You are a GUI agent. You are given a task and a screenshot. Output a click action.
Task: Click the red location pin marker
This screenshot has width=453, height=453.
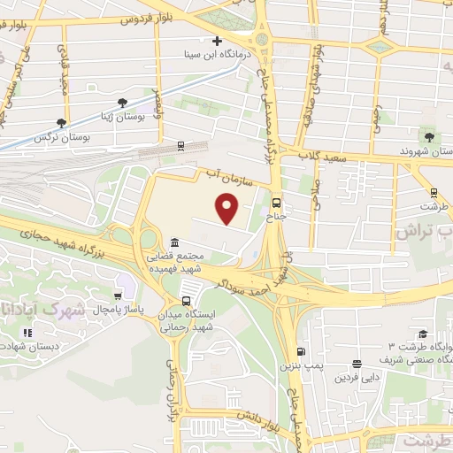[229, 210]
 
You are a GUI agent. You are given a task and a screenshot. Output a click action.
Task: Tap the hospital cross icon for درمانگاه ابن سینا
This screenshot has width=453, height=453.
[217, 41]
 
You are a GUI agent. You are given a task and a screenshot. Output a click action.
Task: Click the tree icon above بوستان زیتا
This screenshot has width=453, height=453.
[122, 103]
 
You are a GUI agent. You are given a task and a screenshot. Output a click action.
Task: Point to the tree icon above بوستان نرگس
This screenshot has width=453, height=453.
[60, 124]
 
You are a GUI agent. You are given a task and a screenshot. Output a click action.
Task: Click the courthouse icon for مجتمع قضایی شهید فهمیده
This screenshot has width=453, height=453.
[174, 242]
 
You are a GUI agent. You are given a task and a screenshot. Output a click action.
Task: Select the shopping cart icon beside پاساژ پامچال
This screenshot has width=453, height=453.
[118, 296]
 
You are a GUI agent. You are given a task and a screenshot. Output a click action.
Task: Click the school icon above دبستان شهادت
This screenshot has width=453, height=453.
[28, 333]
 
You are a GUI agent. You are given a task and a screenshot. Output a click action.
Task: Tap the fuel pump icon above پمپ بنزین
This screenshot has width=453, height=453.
[302, 350]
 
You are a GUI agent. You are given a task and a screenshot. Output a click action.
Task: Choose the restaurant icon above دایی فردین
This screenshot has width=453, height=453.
[356, 364]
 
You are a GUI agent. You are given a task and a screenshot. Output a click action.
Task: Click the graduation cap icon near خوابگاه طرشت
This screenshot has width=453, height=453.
[423, 333]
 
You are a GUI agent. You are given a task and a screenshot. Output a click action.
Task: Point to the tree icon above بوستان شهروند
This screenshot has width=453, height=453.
[429, 136]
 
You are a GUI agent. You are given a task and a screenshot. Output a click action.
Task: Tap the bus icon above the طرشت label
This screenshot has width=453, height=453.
[434, 191]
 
